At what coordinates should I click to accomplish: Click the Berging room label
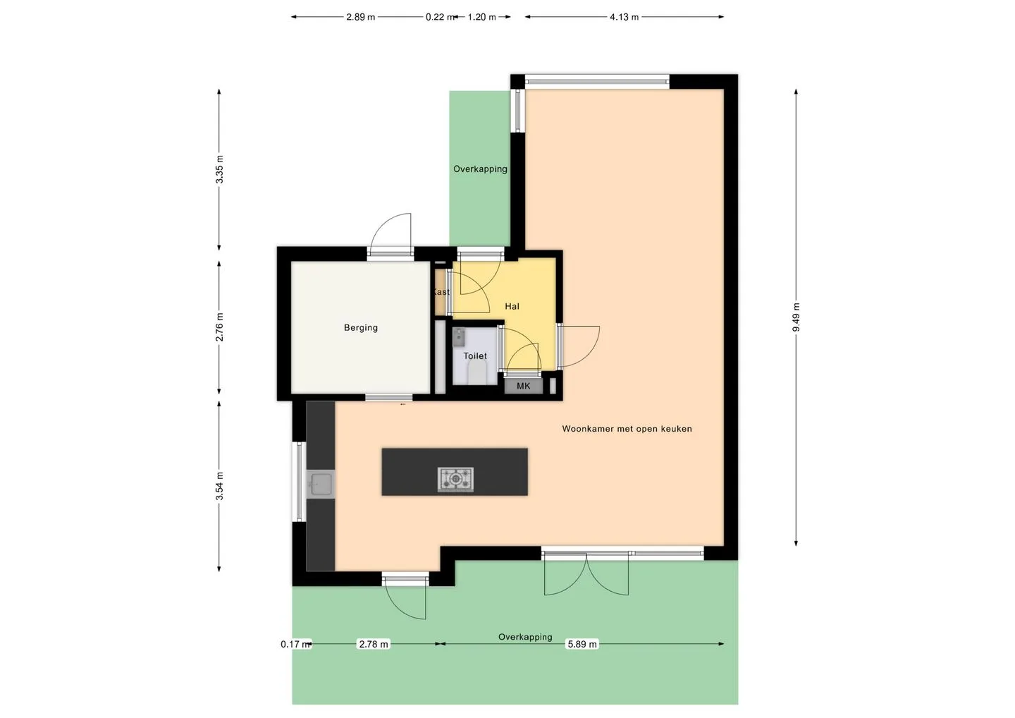[x=361, y=328]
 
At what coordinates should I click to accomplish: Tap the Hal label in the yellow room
[x=512, y=306]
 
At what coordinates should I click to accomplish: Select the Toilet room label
[x=475, y=356]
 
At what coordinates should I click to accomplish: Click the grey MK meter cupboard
[x=523, y=386]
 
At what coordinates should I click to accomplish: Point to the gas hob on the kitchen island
[x=455, y=479]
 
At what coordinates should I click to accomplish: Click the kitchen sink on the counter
[x=320, y=485]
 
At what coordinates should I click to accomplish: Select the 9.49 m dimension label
[x=796, y=317]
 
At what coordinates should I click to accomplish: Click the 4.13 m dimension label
[x=624, y=17]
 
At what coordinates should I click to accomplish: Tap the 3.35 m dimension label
[x=219, y=169]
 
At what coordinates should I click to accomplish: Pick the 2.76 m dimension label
[x=219, y=327]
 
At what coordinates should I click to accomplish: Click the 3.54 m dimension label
[x=219, y=486]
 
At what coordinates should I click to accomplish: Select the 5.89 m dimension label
[x=582, y=644]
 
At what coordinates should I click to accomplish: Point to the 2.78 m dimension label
[x=374, y=644]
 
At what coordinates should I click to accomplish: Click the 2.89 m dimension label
[x=361, y=17]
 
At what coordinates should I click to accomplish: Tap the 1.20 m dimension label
[x=482, y=17]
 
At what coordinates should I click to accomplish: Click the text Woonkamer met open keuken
[x=627, y=429]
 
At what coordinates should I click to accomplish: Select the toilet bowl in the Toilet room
[x=476, y=375]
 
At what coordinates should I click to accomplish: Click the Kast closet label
[x=441, y=292]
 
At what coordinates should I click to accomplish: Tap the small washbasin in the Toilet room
[x=459, y=337]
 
